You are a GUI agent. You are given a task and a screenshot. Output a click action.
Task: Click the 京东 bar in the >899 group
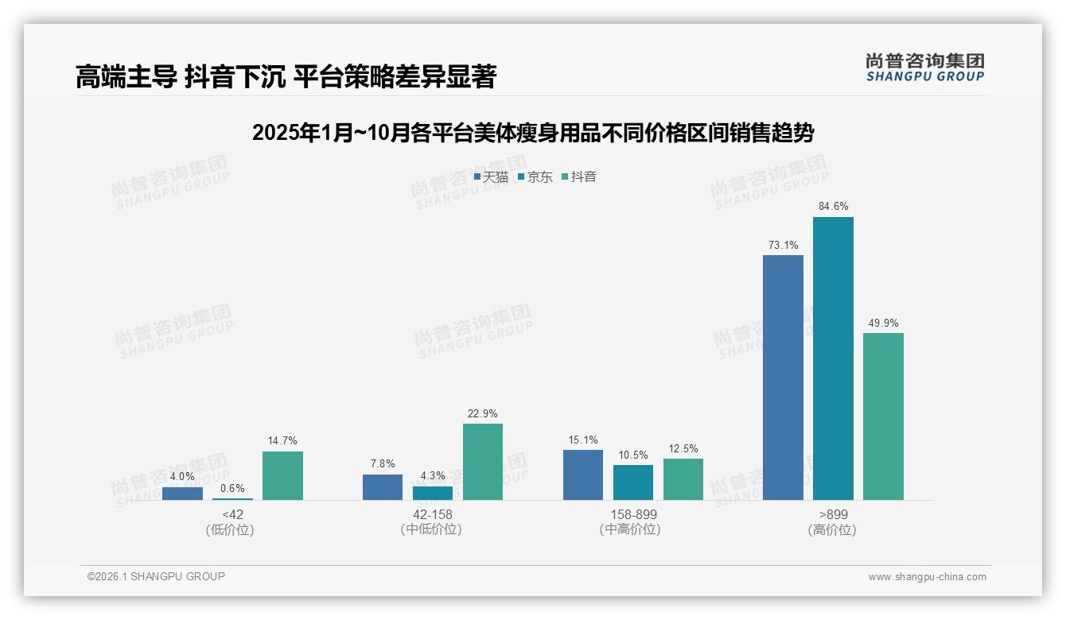coord(833,358)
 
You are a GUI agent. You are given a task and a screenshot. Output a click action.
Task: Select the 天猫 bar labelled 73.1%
coord(783,378)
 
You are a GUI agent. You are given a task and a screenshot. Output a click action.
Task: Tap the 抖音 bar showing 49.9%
coord(883,417)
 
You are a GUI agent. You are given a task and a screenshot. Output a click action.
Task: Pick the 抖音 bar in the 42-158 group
coord(483,462)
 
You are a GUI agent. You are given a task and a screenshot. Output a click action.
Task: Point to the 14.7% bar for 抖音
coord(282,475)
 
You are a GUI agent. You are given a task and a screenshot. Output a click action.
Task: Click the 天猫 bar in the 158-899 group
coord(583,475)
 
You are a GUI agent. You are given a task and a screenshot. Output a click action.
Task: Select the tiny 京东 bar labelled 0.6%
coord(232,498)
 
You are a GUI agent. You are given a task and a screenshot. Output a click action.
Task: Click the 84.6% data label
coord(833,207)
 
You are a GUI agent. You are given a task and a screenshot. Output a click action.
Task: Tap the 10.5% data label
coord(633,455)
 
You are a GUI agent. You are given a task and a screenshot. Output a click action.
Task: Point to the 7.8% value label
coord(383,464)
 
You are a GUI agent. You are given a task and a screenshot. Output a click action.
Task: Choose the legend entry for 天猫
coord(491,177)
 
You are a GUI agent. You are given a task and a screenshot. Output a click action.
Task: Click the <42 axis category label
coord(232,515)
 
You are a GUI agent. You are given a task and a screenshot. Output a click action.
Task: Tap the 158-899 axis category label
coord(633,515)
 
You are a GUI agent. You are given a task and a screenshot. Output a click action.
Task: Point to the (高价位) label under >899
coord(833,530)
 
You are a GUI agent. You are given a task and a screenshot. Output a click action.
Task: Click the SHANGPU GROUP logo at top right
coord(924,68)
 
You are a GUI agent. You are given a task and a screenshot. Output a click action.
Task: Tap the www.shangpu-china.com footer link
coord(927,577)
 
